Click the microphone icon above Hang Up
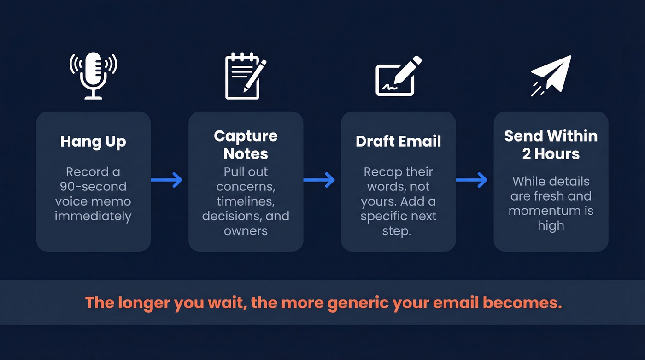pyautogui.click(x=94, y=75)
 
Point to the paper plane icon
pyautogui.click(x=551, y=75)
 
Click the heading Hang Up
pyautogui.click(x=93, y=142)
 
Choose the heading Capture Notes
pyautogui.click(x=246, y=144)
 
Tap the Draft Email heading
pyautogui.click(x=398, y=141)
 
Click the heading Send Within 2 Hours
pyautogui.click(x=551, y=144)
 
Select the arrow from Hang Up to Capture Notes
pyautogui.click(x=167, y=180)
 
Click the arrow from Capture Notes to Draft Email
pyautogui.click(x=319, y=180)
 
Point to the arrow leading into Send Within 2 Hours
pyautogui.click(x=472, y=180)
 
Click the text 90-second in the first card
pyautogui.click(x=93, y=187)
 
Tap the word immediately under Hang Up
pyautogui.click(x=93, y=216)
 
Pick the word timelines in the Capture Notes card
pyautogui.click(x=246, y=201)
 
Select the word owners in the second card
pyautogui.click(x=246, y=230)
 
